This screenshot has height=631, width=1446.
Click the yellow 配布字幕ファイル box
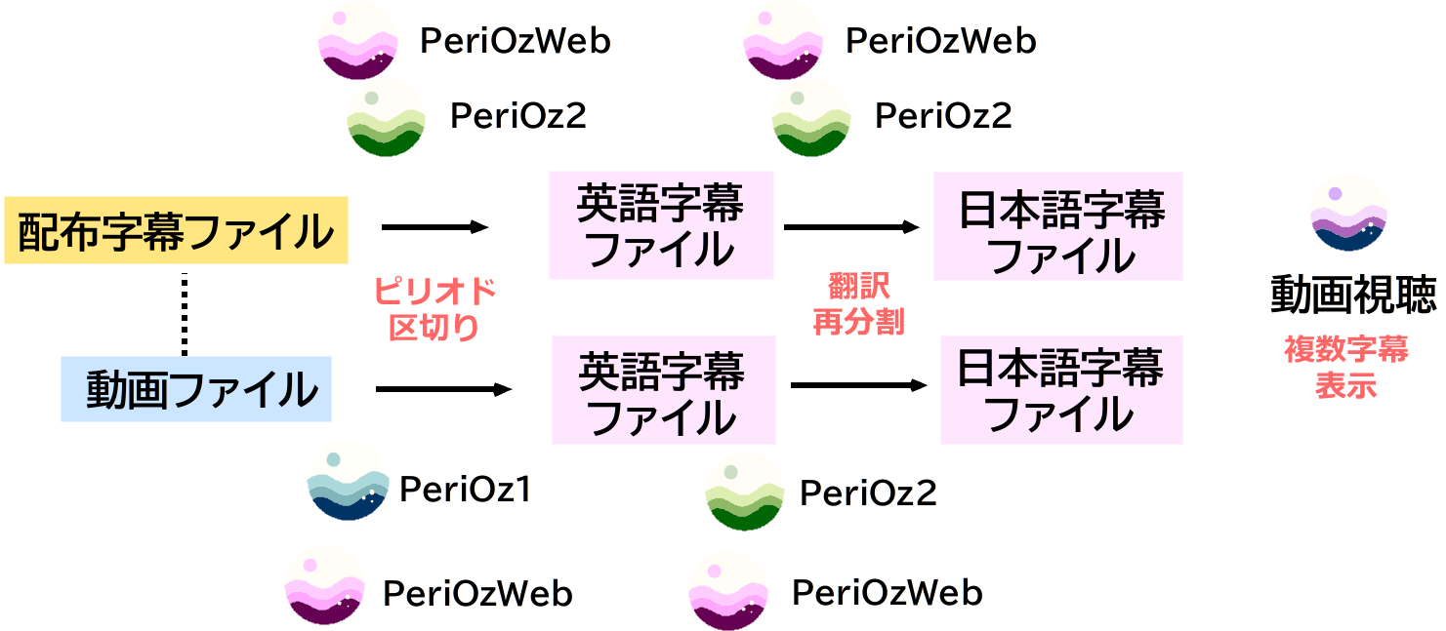click(176, 231)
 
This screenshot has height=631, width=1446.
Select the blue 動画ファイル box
click(196, 389)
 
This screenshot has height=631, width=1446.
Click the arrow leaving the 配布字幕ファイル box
click(434, 227)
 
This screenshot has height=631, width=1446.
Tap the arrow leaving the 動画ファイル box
click(443, 389)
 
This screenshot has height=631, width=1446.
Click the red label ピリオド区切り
click(434, 308)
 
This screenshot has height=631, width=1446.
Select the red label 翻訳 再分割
click(858, 304)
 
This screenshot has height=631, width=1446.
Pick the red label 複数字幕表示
click(1346, 367)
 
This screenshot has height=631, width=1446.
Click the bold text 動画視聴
click(1352, 294)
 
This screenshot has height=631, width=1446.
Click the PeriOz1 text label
click(465, 489)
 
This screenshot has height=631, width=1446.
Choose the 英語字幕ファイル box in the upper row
click(661, 225)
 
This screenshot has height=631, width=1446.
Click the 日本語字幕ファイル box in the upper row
click(1058, 226)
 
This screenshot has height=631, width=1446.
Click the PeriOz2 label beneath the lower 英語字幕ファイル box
click(868, 493)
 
